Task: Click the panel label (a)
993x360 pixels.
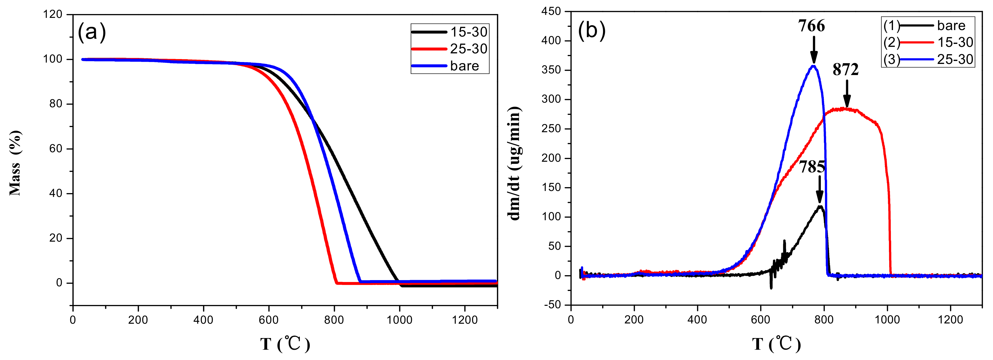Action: pyautogui.click(x=92, y=33)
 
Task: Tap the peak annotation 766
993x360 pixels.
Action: pyautogui.click(x=811, y=26)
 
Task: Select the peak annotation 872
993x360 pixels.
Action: pyautogui.click(x=846, y=70)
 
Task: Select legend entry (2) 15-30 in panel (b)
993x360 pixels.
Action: pyautogui.click(x=928, y=43)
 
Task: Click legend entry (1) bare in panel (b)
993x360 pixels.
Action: pyautogui.click(x=928, y=26)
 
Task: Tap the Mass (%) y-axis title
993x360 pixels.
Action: pyautogui.click(x=15, y=163)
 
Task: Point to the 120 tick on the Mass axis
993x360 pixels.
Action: pyautogui.click(x=53, y=15)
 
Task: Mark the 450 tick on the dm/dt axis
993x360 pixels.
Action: pyautogui.click(x=551, y=12)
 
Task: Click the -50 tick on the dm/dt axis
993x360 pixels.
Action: pyautogui.click(x=552, y=305)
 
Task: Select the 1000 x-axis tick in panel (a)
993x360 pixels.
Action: pyautogui.click(x=399, y=320)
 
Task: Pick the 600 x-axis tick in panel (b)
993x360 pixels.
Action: pyautogui.click(x=760, y=320)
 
